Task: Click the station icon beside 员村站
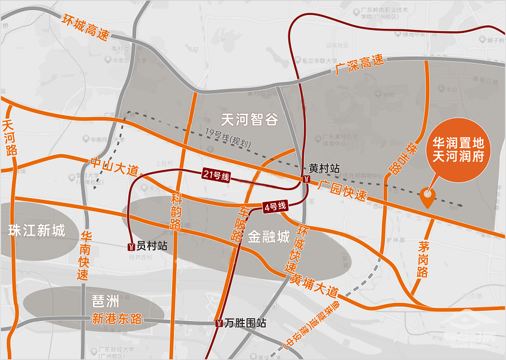(x=131, y=246)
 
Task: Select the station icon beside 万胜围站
(x=217, y=323)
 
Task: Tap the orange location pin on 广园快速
(x=427, y=197)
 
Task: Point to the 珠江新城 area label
(x=37, y=230)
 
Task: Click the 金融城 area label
(x=269, y=236)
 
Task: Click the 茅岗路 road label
(x=423, y=259)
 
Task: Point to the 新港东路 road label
(x=117, y=319)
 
